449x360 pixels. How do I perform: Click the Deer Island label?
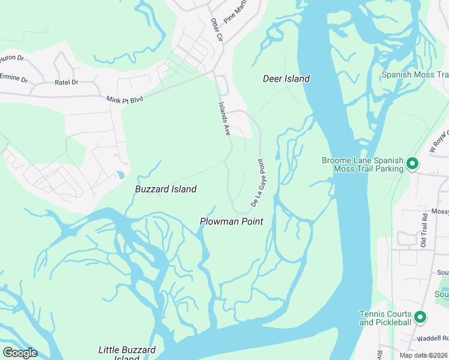[x=286, y=79]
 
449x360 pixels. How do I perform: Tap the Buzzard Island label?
[x=166, y=189]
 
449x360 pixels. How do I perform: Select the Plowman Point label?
[x=231, y=221]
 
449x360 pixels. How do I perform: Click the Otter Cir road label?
[x=216, y=29]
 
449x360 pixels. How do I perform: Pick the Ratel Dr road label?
[x=66, y=82]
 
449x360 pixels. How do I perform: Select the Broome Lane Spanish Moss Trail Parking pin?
[x=412, y=163]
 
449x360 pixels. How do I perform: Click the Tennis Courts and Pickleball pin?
[x=420, y=318]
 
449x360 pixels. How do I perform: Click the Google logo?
[x=20, y=352]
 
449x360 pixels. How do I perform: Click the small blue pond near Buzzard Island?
[x=121, y=175]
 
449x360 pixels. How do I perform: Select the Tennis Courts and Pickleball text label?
[x=385, y=318]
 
